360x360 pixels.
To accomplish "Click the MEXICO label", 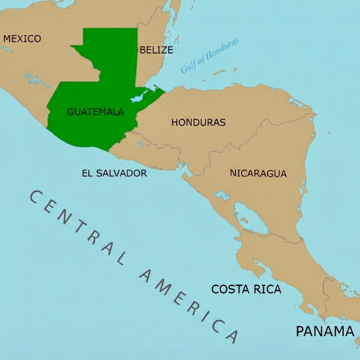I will coord(22,39).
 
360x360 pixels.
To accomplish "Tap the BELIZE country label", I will coord(156,50).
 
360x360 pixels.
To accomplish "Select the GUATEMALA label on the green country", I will coord(96,112).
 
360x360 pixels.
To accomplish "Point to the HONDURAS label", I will coord(199,122).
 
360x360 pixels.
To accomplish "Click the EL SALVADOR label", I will coord(114,173).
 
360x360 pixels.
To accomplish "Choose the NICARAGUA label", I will coord(258,173).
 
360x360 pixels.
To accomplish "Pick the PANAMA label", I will coord(325,331).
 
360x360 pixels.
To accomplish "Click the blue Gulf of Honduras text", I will coord(210,55).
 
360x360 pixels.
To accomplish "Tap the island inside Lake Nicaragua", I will coord(244,220).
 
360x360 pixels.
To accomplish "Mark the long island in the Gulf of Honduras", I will coord(220,73).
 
